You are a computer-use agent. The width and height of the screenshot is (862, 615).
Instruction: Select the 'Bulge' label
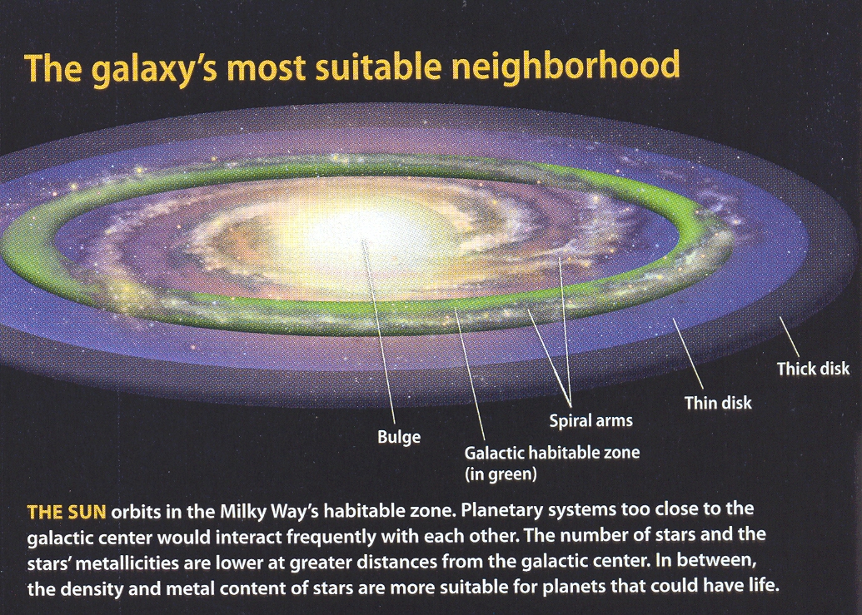point(399,437)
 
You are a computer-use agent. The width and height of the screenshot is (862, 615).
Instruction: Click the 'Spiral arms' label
point(591,421)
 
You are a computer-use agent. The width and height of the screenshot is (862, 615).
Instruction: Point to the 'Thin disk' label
point(717,403)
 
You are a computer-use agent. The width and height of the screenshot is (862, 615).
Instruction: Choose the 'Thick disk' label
point(813,369)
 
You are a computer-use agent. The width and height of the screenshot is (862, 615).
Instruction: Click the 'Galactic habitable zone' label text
point(552,453)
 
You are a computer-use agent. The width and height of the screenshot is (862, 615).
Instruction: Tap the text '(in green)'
point(501,474)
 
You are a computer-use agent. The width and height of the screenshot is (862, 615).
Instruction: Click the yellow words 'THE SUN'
point(66,512)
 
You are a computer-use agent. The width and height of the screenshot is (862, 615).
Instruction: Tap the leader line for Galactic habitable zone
point(470,374)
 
